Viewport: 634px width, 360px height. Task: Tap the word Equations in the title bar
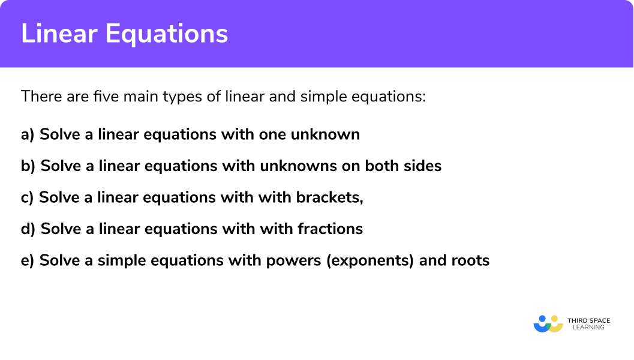pos(167,34)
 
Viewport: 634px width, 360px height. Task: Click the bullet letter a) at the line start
pos(28,134)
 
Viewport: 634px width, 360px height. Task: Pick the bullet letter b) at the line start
pos(28,166)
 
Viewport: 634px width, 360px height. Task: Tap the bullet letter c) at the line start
pos(28,197)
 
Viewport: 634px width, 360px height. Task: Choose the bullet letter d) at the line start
pos(28,229)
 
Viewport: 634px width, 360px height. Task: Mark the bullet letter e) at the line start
pos(28,260)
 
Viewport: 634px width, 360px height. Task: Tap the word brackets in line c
pos(330,197)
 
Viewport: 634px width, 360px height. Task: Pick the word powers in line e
pos(296,260)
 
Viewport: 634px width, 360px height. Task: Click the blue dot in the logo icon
pos(543,319)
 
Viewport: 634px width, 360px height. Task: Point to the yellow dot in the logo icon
pos(554,319)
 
